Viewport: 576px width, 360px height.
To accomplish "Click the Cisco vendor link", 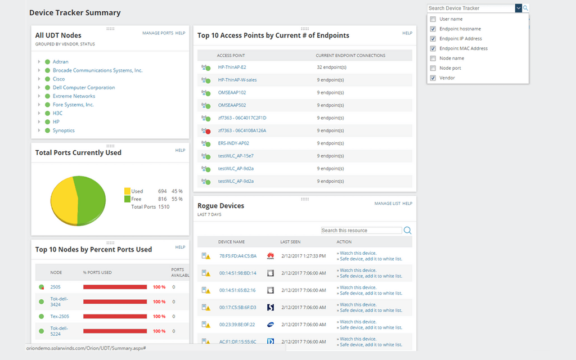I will tap(58, 79).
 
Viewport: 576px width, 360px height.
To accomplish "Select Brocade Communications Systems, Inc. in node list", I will tap(97, 70).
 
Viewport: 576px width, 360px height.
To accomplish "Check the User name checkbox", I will tap(433, 19).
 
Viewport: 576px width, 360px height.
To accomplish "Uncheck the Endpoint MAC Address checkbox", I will tap(433, 48).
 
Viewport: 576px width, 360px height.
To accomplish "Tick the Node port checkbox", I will tap(433, 68).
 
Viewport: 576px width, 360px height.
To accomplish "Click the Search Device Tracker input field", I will tap(470, 8).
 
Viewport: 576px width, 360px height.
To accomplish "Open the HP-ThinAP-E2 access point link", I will tap(232, 67).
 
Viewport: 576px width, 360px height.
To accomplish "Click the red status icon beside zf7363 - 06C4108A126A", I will tap(208, 131).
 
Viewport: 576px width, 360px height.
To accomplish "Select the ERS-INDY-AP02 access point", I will tap(233, 143).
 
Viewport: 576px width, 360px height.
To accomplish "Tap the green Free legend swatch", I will tap(127, 199).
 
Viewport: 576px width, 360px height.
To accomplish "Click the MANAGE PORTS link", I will tap(157, 33).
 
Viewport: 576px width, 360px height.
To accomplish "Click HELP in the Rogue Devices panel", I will tap(407, 204).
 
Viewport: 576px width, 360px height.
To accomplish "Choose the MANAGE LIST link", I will tap(387, 204).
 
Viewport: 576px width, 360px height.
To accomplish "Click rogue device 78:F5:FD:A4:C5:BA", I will tap(237, 256).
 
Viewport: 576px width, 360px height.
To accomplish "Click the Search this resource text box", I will tap(361, 231).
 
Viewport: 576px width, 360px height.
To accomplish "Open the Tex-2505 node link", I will tap(60, 316).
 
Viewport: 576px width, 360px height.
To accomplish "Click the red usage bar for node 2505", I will tap(115, 287).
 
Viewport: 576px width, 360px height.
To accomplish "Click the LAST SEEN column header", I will tap(290, 242).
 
